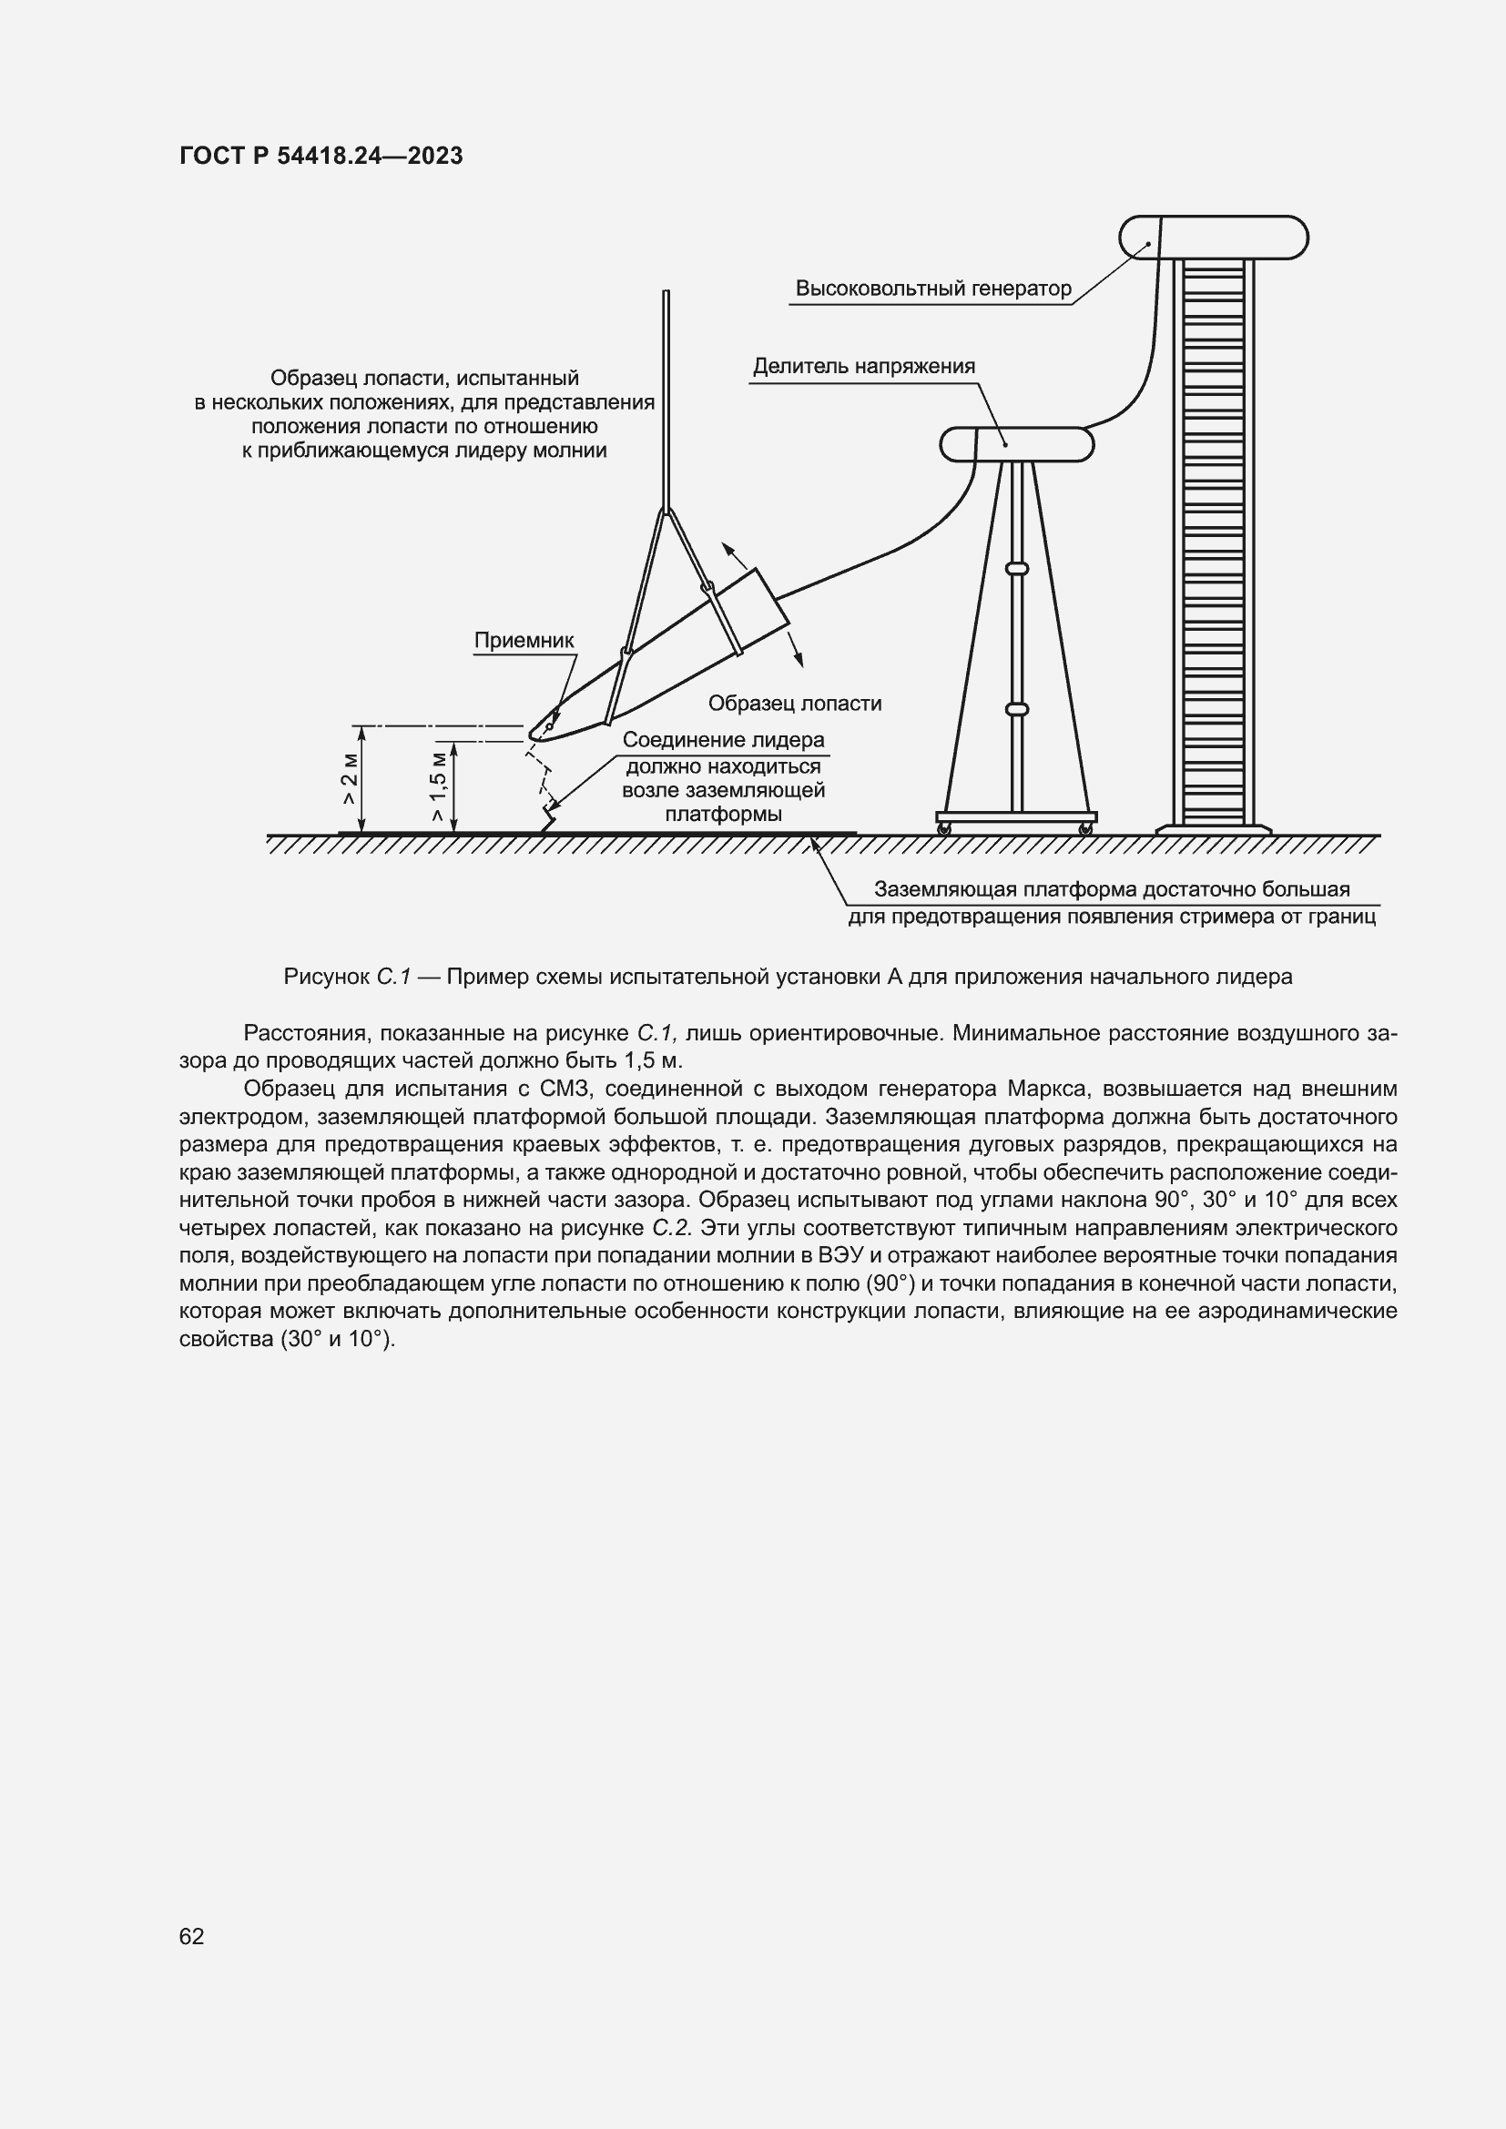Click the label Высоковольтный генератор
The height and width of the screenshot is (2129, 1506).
point(933,289)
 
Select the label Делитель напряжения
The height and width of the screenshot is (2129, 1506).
point(863,366)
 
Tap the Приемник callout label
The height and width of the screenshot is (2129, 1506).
point(524,641)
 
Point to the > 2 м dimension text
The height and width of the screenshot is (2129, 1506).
point(351,779)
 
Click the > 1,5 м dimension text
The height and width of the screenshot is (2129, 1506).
point(440,786)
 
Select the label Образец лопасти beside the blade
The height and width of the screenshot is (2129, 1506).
point(795,704)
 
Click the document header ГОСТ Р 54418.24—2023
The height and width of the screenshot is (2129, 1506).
point(321,156)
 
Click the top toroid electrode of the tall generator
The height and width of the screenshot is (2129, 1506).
point(1213,238)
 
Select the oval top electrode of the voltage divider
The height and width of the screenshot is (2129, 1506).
point(1016,444)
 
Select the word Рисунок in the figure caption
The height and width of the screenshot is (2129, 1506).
point(327,977)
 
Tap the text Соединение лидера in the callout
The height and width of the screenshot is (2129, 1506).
point(723,740)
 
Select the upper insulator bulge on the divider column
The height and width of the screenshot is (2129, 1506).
point(1016,567)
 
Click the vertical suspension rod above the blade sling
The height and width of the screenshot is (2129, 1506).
point(666,399)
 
